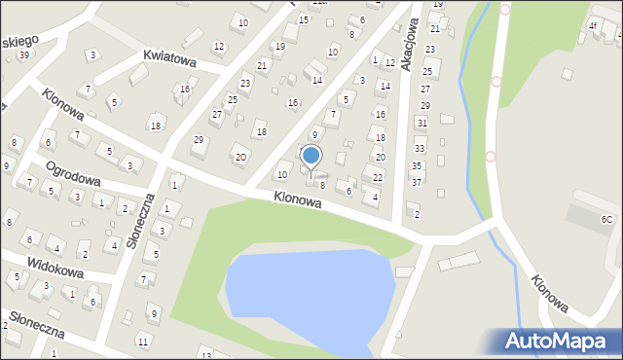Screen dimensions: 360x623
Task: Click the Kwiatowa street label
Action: (169, 60)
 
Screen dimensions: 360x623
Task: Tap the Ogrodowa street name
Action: (74, 172)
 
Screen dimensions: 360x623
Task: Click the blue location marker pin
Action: (311, 157)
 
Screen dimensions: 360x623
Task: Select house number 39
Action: (23, 54)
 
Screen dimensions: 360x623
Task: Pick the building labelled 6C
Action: (606, 220)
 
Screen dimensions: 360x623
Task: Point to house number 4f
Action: (592, 25)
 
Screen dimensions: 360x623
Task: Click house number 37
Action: (417, 182)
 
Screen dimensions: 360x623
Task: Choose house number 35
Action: (417, 166)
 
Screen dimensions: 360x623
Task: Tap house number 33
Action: (420, 149)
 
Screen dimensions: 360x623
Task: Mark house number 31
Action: (421, 123)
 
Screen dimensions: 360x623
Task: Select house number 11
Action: (143, 341)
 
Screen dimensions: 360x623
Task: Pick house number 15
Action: (304, 19)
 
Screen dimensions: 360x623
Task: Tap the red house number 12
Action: (218, 46)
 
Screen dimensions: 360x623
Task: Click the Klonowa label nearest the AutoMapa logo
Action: (550, 293)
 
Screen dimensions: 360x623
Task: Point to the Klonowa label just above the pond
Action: (298, 198)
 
